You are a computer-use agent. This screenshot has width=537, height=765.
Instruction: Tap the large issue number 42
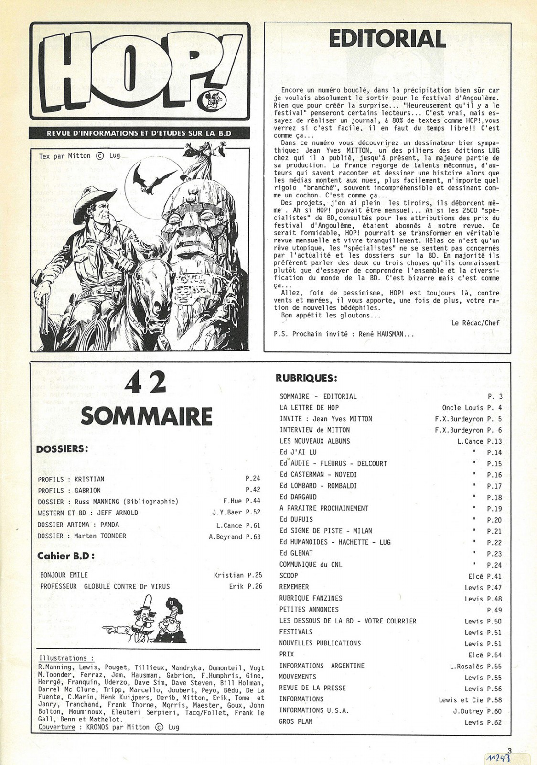[146, 382]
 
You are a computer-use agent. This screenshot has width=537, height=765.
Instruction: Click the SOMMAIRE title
[147, 416]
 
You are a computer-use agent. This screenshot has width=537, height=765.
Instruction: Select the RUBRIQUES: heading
[306, 378]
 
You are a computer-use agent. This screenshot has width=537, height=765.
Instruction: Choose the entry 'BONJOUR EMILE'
[64, 575]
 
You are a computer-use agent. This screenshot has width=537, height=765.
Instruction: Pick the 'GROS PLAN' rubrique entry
[296, 721]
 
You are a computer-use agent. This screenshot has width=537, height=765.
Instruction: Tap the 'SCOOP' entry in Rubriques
[289, 576]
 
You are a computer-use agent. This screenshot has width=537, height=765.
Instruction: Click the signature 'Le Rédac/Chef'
[475, 323]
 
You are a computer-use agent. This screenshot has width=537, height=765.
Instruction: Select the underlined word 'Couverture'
[57, 727]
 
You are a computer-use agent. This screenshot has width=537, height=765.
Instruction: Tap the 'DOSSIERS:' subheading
[62, 449]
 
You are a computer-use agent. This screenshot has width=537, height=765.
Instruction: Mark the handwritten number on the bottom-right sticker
[499, 758]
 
